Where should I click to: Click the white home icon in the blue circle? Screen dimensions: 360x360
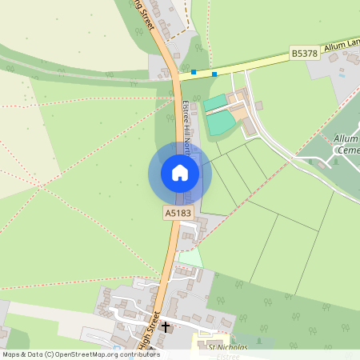[180, 173]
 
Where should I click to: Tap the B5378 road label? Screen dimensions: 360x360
[303, 53]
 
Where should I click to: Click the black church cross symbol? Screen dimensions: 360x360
[166, 326]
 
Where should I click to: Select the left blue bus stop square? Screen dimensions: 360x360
[194, 72]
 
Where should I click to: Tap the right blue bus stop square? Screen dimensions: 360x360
[214, 74]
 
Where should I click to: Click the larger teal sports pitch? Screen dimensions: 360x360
[221, 123]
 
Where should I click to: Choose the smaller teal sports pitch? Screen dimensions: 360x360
[214, 102]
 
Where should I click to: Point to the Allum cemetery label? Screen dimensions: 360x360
[346, 144]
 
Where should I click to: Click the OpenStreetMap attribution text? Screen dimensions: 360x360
[80, 354]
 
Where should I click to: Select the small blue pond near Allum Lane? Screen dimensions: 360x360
[342, 76]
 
